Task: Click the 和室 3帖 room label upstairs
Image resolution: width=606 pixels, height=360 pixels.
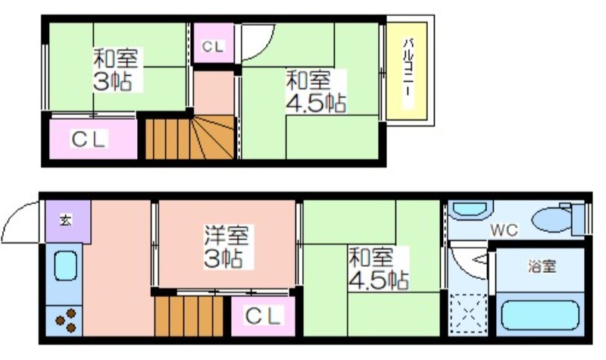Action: click(x=116, y=70)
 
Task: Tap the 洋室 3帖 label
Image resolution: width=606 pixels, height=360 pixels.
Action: click(x=226, y=247)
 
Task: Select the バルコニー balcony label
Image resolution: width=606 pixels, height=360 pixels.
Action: click(x=407, y=72)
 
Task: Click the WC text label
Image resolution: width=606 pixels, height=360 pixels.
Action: click(x=504, y=230)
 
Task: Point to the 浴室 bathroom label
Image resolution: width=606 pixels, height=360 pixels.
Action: click(x=542, y=267)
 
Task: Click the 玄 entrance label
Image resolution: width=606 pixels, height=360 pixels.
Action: click(x=66, y=221)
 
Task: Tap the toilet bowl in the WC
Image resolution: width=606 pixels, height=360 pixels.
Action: click(x=551, y=220)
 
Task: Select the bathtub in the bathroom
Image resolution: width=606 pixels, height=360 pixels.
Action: click(x=540, y=315)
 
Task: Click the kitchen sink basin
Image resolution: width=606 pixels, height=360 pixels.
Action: click(x=65, y=266)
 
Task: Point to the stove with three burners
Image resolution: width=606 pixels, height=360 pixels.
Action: click(x=64, y=321)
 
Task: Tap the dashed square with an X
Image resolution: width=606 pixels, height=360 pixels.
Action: click(x=468, y=313)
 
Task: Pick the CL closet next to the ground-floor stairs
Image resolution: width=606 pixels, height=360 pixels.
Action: click(x=263, y=316)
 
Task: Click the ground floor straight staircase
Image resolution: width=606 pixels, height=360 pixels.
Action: click(x=189, y=316)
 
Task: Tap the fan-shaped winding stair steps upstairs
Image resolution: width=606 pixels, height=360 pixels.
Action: click(x=212, y=137)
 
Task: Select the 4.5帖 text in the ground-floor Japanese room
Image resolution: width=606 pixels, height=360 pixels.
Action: click(x=378, y=280)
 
